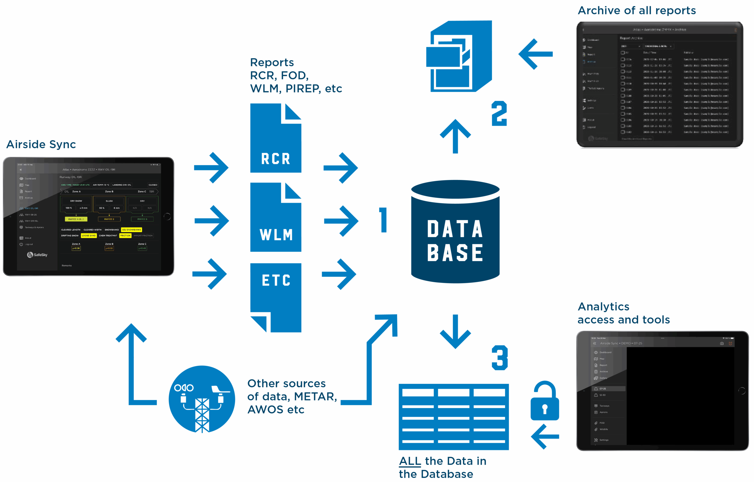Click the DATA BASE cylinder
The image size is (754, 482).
pos(455,232)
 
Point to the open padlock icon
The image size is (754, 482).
pos(545,401)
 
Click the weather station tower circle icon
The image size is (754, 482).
pos(202,399)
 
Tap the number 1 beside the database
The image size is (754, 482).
pos(383,220)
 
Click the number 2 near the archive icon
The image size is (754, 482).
pos(499,113)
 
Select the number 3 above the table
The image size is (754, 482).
pos(500,358)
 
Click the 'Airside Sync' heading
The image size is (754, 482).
pos(41,144)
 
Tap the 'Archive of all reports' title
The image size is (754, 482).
pos(636,11)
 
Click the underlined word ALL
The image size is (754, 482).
pos(410,461)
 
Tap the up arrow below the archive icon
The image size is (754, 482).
pos(455,136)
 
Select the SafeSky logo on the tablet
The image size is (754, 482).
pos(37,255)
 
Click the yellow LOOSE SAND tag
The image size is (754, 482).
pos(89,235)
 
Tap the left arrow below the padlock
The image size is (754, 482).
pos(545,436)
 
